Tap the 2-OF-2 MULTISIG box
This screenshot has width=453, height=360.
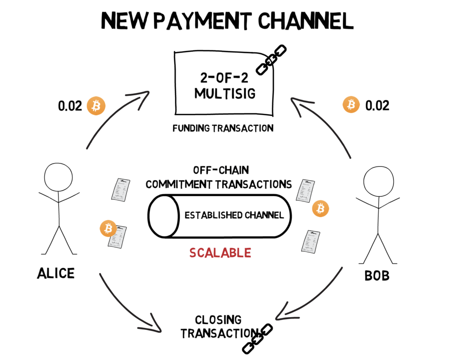click(225, 84)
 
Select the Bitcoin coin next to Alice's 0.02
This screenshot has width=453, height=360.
click(96, 106)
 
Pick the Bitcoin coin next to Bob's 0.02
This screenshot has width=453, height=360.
click(351, 105)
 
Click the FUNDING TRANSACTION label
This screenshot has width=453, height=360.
click(223, 128)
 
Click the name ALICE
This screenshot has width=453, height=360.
click(55, 273)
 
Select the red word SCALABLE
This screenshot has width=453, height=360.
click(220, 253)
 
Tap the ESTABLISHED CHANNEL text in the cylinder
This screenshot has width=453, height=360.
click(234, 216)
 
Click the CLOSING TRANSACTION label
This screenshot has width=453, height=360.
click(219, 326)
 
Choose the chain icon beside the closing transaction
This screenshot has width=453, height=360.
click(257, 338)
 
